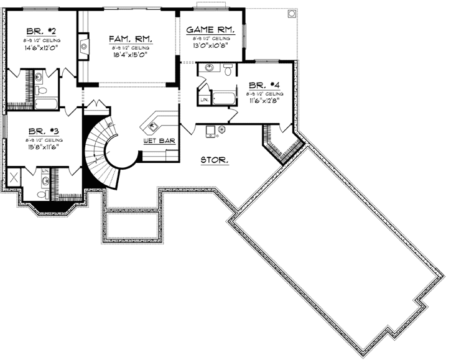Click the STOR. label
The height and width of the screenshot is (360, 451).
215,160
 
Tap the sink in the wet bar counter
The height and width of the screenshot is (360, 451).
152,127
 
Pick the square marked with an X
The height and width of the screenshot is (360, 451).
14,178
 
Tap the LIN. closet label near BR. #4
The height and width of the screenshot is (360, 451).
204,99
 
